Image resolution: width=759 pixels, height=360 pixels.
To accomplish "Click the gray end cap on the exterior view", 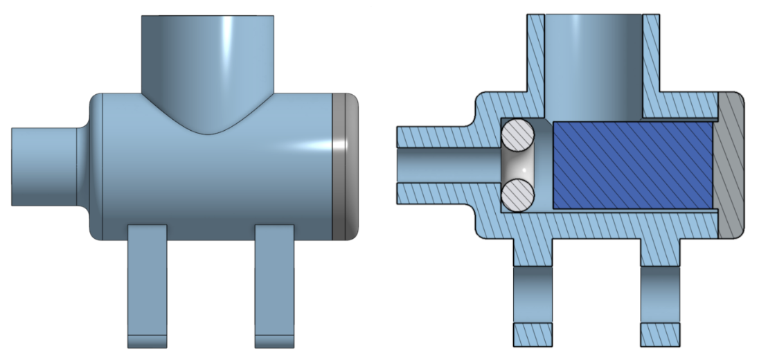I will click(x=346, y=166).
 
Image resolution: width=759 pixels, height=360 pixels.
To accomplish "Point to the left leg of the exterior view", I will click(x=147, y=284).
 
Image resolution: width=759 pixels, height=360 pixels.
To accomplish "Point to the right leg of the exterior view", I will click(x=276, y=284).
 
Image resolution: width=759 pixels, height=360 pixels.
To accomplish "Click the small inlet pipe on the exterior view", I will click(x=43, y=166).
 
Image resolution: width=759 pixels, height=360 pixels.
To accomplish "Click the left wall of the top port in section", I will click(x=536, y=55).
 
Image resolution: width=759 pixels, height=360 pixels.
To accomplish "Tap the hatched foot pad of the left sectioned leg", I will click(x=532, y=335).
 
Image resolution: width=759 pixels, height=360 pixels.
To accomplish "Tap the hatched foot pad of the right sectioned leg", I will click(x=659, y=335).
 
